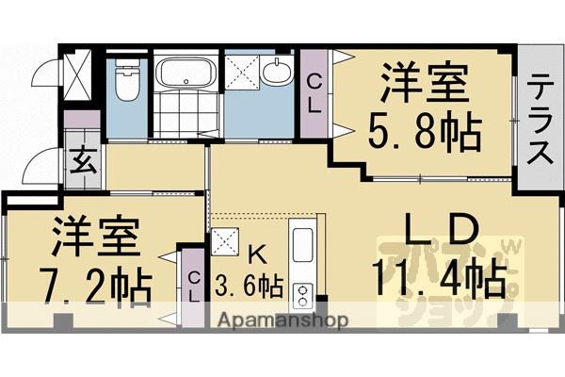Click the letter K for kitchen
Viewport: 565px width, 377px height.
click(x=255, y=253)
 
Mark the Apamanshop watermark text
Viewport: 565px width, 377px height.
click(x=283, y=320)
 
